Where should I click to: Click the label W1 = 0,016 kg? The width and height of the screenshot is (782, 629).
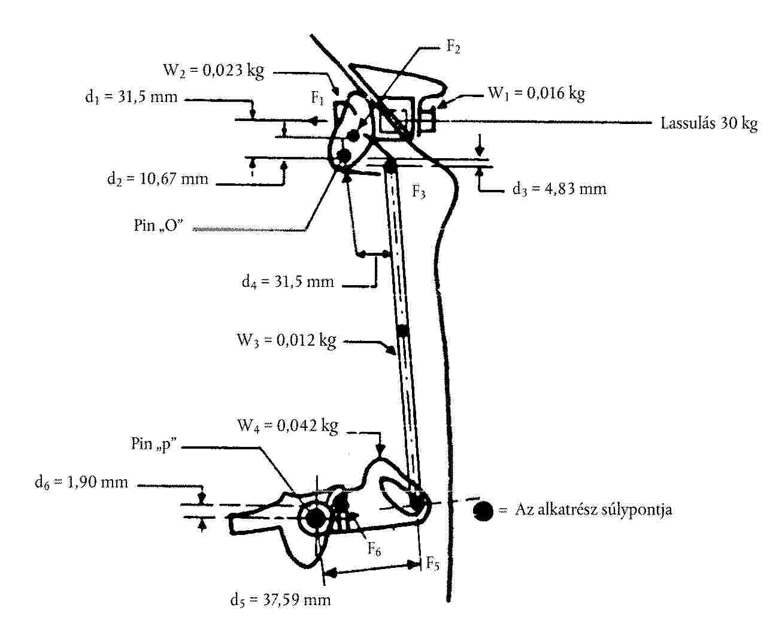pyautogui.click(x=537, y=93)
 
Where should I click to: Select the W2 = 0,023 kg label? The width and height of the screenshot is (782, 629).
pyautogui.click(x=214, y=71)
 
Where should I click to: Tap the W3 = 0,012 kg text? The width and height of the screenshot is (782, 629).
pyautogui.click(x=286, y=341)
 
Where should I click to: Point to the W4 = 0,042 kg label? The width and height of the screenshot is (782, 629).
pyautogui.click(x=287, y=426)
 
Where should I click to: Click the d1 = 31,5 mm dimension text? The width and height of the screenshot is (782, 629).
pyautogui.click(x=131, y=97)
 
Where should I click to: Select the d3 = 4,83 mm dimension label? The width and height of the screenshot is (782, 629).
pyautogui.click(x=559, y=189)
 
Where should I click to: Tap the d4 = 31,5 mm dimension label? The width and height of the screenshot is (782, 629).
pyautogui.click(x=287, y=281)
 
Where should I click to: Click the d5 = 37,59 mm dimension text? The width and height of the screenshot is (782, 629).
pyautogui.click(x=280, y=600)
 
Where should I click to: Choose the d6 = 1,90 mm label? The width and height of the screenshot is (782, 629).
pyautogui.click(x=81, y=482)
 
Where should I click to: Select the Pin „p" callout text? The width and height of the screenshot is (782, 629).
pyautogui.click(x=155, y=444)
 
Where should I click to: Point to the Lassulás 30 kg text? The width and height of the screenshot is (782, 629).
pyautogui.click(x=709, y=124)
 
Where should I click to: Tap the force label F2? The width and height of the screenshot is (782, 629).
pyautogui.click(x=453, y=47)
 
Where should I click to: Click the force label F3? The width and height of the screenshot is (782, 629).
pyautogui.click(x=419, y=192)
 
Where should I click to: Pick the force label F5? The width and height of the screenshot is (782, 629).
pyautogui.click(x=432, y=564)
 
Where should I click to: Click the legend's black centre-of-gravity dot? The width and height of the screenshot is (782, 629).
pyautogui.click(x=483, y=510)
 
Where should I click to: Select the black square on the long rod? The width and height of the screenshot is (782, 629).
pyautogui.click(x=402, y=330)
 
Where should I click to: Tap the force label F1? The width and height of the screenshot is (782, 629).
pyautogui.click(x=318, y=98)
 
